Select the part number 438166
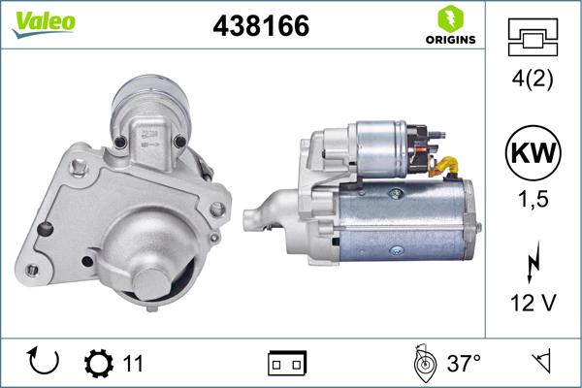[260, 27]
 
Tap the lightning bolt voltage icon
[533, 262]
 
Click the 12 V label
[533, 304]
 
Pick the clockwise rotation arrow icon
[45, 364]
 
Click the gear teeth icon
[99, 364]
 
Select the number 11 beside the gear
[133, 364]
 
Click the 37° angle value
[464, 364]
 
